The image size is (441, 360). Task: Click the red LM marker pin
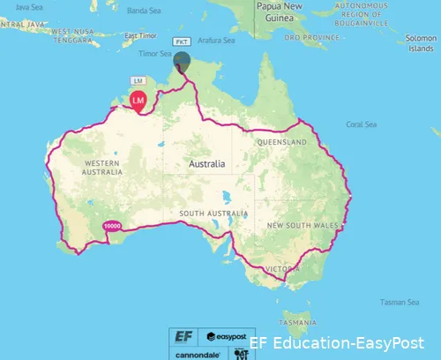(138, 101)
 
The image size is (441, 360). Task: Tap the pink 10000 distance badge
(111, 226)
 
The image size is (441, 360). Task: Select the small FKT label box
(182, 41)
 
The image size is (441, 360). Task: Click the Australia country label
(206, 164)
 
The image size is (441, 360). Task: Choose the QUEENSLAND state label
(281, 142)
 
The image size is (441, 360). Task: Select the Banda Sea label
(142, 11)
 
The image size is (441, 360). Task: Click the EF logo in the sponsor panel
(183, 336)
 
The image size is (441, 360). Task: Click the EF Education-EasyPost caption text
(337, 343)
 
